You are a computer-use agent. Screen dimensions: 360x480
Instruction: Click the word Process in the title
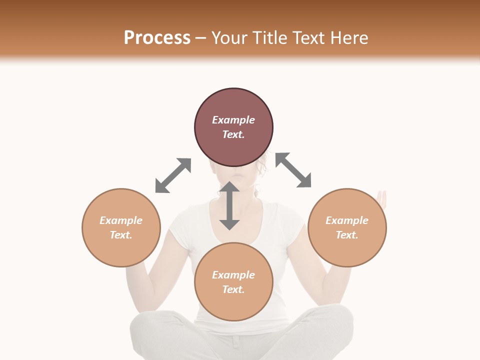click(x=157, y=38)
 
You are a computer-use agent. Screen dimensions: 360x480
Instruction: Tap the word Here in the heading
click(x=348, y=38)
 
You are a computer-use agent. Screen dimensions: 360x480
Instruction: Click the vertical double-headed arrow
click(x=229, y=205)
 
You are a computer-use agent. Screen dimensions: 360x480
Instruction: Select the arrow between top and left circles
click(x=173, y=175)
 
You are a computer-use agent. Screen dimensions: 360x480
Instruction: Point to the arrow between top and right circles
click(x=293, y=170)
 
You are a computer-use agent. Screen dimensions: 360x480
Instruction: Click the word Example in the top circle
click(x=233, y=120)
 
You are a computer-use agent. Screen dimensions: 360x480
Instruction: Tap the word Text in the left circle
click(x=121, y=235)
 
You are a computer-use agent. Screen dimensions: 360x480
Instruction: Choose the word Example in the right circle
click(x=347, y=220)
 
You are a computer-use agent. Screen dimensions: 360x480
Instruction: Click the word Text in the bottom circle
click(x=233, y=289)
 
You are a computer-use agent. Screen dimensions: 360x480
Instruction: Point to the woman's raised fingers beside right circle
click(x=382, y=198)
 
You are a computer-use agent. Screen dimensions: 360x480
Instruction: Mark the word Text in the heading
click(x=308, y=38)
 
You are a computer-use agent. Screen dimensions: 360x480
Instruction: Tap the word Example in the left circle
click(x=121, y=220)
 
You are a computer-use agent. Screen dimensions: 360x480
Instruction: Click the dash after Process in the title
click(x=201, y=38)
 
